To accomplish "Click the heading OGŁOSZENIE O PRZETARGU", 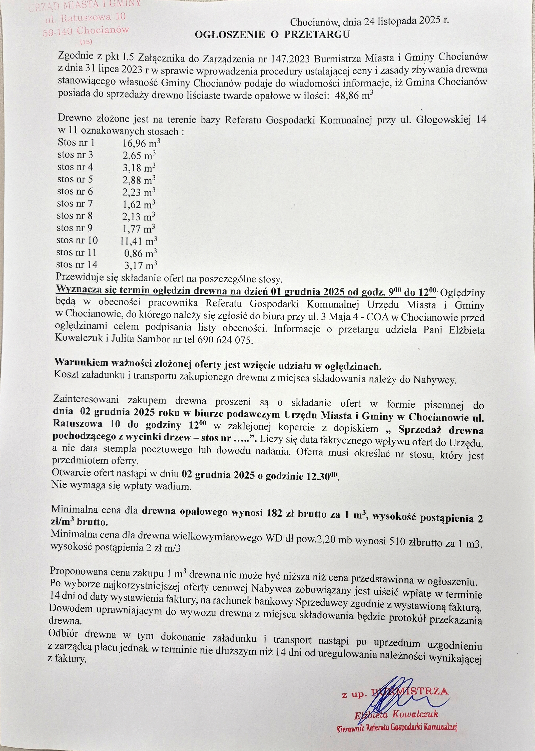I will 272,35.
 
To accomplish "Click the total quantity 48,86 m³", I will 354,95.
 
